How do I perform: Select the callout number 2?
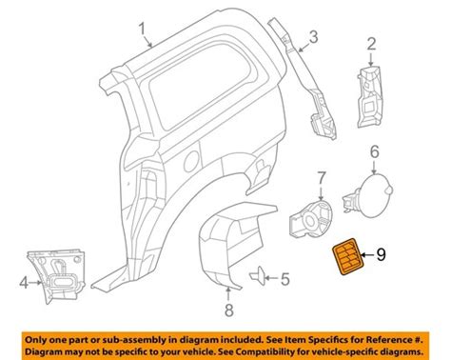[371, 43]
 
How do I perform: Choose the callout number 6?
[374, 150]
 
